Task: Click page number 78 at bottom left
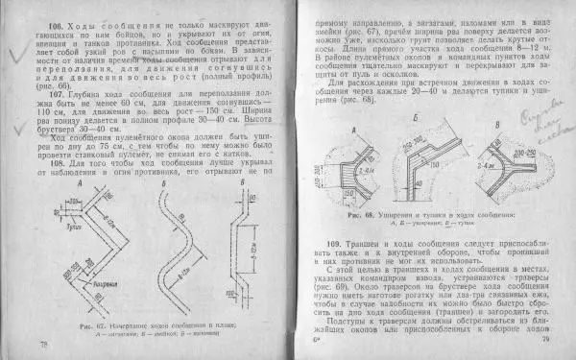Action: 41,342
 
